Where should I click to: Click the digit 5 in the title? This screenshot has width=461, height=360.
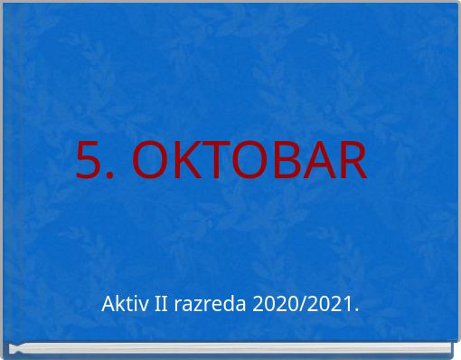point(89,160)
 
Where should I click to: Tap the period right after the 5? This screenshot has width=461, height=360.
point(110,176)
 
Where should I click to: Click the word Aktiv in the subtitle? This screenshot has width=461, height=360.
point(122,304)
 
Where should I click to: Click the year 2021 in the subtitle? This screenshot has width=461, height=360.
point(326,304)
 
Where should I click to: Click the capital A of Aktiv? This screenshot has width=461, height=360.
point(108,304)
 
